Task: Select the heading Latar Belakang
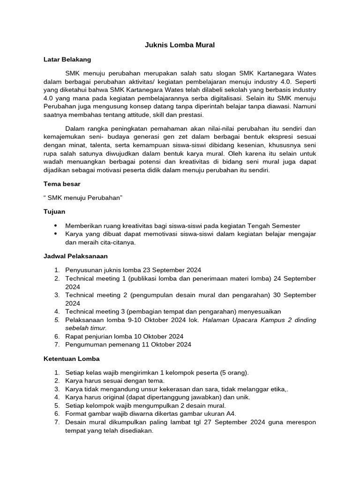(x=67, y=60)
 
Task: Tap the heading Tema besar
(x=62, y=184)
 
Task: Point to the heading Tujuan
(x=54, y=211)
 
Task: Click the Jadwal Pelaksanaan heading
(x=75, y=256)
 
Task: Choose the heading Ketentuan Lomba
(x=71, y=359)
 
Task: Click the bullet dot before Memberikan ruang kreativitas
(x=57, y=226)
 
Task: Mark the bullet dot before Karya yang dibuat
(x=57, y=234)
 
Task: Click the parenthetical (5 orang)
(x=234, y=373)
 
